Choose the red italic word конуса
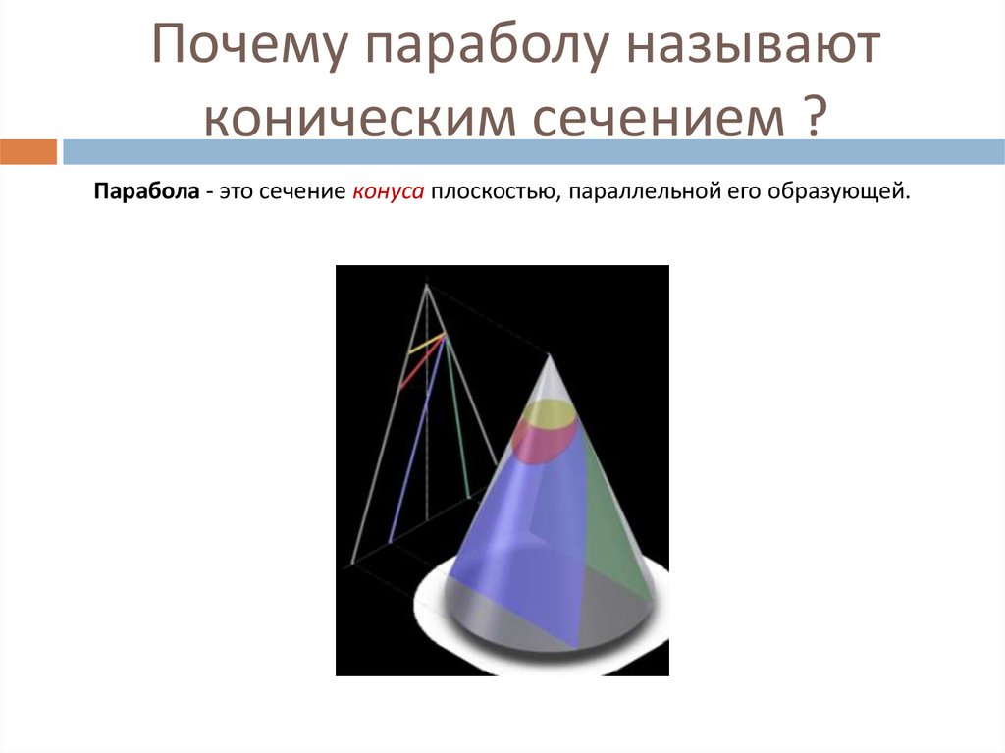388,192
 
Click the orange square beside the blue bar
28,152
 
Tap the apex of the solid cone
549,357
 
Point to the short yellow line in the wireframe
424,345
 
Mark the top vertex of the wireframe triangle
427,286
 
